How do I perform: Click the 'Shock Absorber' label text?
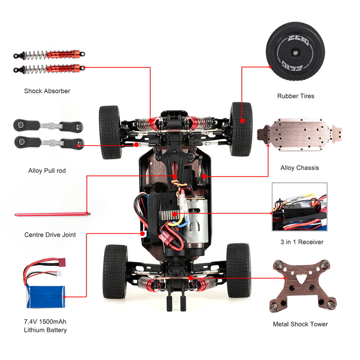pyautogui.click(x=47, y=91)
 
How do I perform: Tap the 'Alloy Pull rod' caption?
pyautogui.click(x=47, y=171)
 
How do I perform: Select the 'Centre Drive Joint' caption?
pyautogui.click(x=50, y=235)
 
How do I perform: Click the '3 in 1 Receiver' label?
pyautogui.click(x=302, y=242)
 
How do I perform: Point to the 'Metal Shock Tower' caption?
pyautogui.click(x=300, y=324)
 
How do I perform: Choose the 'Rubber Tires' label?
pyautogui.click(x=296, y=96)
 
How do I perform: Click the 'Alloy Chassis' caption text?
pyautogui.click(x=300, y=168)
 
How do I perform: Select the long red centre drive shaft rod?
pyautogui.click(x=52, y=215)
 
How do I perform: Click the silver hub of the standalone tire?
pyautogui.click(x=295, y=53)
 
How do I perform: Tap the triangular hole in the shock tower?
pyautogui.click(x=301, y=279)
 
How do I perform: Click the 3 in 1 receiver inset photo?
pyautogui.click(x=300, y=207)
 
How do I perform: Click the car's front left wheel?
pyautogui.click(x=110, y=132)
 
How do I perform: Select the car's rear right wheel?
pyautogui.click(x=238, y=271)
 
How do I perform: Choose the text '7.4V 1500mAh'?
pyautogui.click(x=45, y=321)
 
